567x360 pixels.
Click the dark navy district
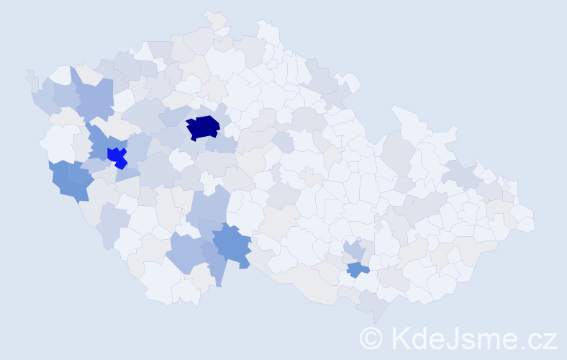tap(203, 127)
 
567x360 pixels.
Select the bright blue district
tap(116, 156)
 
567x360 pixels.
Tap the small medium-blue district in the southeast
tap(357, 269)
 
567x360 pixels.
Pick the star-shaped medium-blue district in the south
tap(232, 243)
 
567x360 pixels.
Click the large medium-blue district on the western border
tap(71, 181)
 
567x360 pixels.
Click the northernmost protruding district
tap(214, 17)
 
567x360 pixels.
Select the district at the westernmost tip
tap(30, 77)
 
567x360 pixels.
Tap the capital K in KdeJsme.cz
tap(399, 338)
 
